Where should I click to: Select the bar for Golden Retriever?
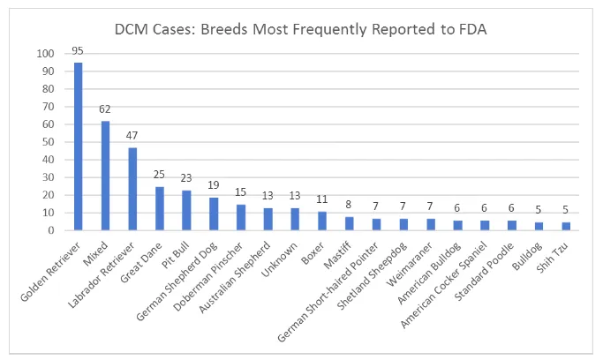click(x=79, y=146)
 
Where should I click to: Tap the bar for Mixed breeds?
click(x=106, y=176)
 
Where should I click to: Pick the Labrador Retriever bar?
click(x=133, y=189)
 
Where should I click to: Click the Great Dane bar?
click(x=161, y=208)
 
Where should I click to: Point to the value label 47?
click(x=133, y=137)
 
